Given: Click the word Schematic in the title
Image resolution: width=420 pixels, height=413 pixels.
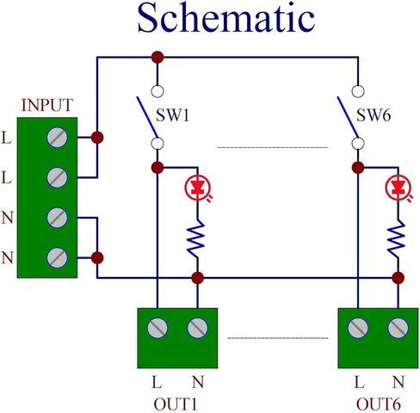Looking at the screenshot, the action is pyautogui.click(x=226, y=18).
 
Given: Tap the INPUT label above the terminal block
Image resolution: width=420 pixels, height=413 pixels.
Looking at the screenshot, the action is pyautogui.click(x=47, y=105).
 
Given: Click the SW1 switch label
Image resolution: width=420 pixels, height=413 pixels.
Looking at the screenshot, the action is pyautogui.click(x=173, y=115).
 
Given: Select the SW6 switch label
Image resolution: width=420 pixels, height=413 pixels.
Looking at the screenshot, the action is pyautogui.click(x=374, y=115).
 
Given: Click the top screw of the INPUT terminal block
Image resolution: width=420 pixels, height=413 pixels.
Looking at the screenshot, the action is pyautogui.click(x=57, y=138).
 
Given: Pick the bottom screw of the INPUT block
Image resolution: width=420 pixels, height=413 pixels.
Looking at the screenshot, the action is pyautogui.click(x=57, y=258).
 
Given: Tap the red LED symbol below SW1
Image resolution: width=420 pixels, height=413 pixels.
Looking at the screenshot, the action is pyautogui.click(x=198, y=188).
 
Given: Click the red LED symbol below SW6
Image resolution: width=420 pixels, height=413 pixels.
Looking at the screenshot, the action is pyautogui.click(x=398, y=188).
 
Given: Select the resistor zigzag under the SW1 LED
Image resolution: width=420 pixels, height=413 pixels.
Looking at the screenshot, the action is pyautogui.click(x=197, y=239).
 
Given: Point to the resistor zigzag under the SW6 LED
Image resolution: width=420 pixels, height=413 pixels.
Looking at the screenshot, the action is pyautogui.click(x=398, y=239).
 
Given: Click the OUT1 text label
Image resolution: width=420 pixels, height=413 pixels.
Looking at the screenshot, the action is pyautogui.click(x=176, y=404).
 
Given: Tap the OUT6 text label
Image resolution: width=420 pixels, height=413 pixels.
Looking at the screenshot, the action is pyautogui.click(x=378, y=404).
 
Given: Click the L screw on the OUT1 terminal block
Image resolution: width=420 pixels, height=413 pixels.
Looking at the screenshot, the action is pyautogui.click(x=157, y=328).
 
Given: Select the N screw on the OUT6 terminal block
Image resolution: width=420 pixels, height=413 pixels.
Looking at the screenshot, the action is pyautogui.click(x=398, y=328).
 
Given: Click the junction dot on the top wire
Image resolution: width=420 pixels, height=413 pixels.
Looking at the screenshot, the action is pyautogui.click(x=157, y=58).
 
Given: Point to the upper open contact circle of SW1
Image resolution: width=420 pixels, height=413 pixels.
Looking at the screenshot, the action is pyautogui.click(x=157, y=91).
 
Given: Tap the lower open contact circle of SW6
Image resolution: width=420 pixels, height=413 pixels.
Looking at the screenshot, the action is pyautogui.click(x=358, y=144).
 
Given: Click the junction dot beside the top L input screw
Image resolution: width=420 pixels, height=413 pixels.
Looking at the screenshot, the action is pyautogui.click(x=97, y=138).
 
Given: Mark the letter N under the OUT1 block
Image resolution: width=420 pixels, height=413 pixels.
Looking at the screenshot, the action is pyautogui.click(x=198, y=382).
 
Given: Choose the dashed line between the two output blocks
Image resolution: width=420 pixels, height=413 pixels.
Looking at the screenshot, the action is pyautogui.click(x=278, y=338).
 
